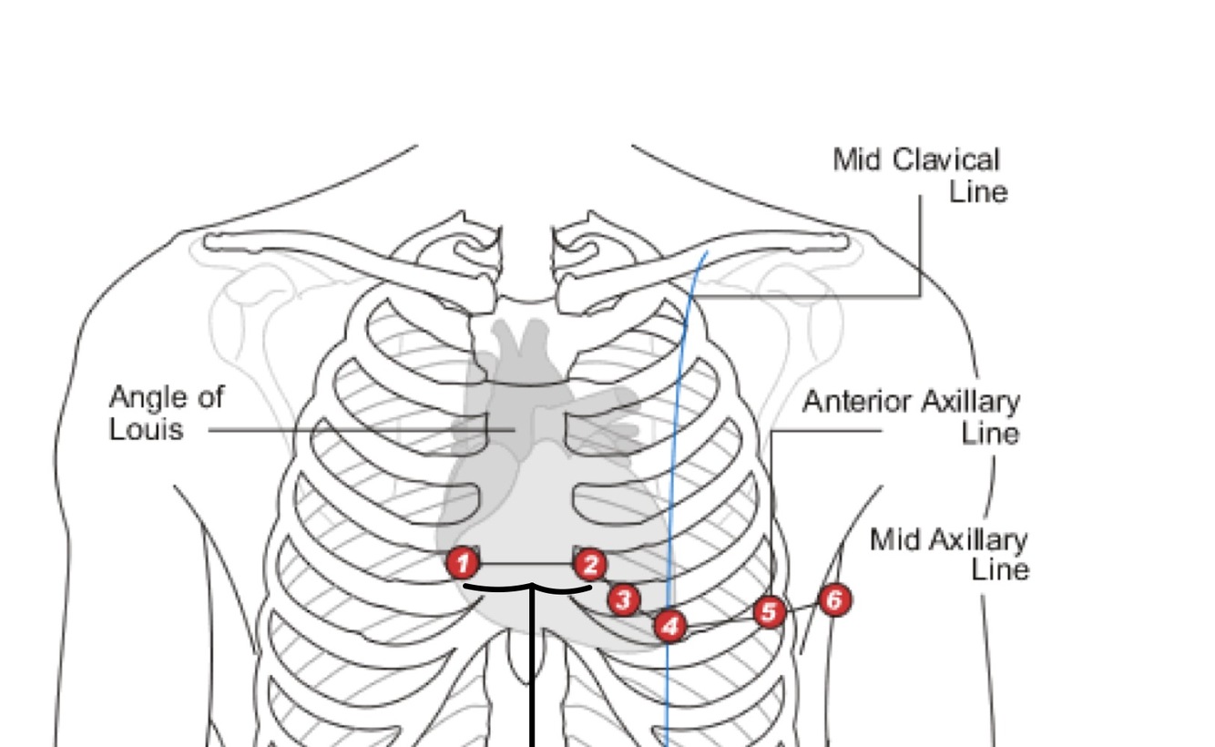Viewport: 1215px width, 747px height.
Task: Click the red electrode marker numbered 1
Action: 463,564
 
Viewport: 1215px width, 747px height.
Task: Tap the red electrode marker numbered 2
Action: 590,565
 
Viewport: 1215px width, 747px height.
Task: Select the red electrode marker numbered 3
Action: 623,599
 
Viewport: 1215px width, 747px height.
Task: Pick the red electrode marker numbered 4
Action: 670,626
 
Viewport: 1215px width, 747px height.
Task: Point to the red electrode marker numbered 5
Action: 770,612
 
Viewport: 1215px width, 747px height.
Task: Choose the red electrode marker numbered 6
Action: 835,599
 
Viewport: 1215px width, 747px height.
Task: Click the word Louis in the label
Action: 146,428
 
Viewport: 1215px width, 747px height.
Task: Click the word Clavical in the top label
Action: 946,160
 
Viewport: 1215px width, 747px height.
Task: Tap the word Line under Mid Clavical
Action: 978,192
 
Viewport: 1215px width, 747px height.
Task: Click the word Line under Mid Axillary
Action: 999,570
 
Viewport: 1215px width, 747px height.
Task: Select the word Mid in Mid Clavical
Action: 856,160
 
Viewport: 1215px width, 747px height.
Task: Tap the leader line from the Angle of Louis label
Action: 346,429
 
